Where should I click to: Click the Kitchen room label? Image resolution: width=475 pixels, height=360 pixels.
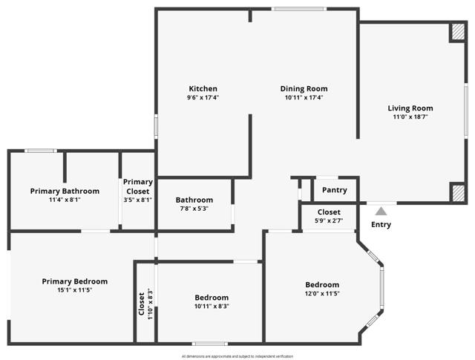(x=203, y=89)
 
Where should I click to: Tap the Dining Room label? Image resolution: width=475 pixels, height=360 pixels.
(x=304, y=89)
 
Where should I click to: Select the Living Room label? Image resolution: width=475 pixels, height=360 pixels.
(x=410, y=108)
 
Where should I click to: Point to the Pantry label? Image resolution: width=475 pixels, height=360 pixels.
(x=335, y=190)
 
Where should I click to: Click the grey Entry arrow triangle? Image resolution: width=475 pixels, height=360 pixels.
(x=381, y=212)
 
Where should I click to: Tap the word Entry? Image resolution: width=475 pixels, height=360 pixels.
(x=381, y=224)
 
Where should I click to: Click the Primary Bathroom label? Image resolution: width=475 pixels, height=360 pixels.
(x=65, y=191)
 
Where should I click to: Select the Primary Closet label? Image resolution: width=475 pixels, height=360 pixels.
(x=138, y=186)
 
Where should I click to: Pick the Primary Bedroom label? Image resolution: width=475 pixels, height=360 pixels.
(x=74, y=281)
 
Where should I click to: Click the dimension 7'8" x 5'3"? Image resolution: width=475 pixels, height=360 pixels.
(x=194, y=209)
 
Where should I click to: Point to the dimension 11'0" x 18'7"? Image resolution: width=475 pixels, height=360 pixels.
(x=410, y=117)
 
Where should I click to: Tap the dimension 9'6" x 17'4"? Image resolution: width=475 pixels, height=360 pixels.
(x=203, y=98)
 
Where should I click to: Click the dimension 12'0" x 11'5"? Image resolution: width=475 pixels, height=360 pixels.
(x=322, y=294)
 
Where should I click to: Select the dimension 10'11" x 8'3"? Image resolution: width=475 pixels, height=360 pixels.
(x=212, y=306)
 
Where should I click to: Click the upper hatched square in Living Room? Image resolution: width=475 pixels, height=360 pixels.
(x=458, y=33)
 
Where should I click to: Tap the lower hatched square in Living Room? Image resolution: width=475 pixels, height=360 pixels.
(x=458, y=193)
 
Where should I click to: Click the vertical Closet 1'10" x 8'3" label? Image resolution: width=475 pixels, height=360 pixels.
(x=145, y=302)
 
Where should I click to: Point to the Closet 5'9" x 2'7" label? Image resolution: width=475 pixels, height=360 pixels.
(x=330, y=217)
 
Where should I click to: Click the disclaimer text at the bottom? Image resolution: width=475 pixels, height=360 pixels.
(x=237, y=356)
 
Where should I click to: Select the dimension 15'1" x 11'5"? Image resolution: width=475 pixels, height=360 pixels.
(x=74, y=290)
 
